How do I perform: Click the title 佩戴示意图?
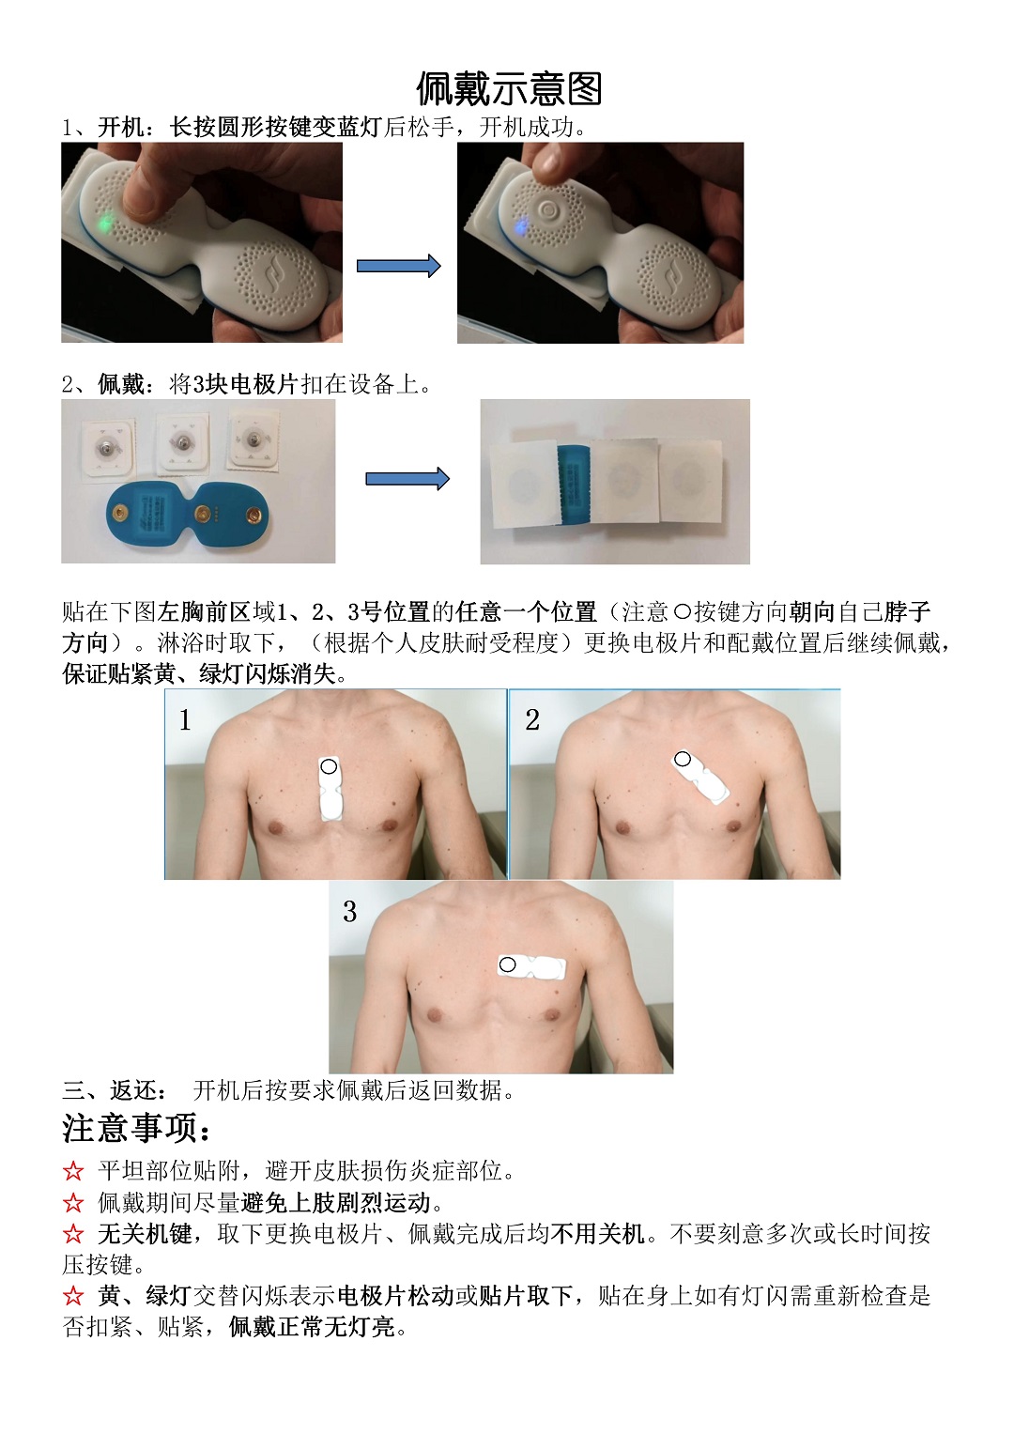(x=509, y=88)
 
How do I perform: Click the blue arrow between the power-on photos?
(x=399, y=266)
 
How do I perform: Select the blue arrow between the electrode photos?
(x=407, y=479)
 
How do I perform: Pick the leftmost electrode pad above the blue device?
(x=108, y=449)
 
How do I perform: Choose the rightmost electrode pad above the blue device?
(x=255, y=440)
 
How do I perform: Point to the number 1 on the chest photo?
(x=185, y=720)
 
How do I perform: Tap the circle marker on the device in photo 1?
(x=329, y=766)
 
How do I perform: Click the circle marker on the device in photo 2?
(x=683, y=760)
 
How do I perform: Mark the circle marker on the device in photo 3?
(x=508, y=964)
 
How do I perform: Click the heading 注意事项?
(x=136, y=1128)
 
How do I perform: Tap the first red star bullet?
(x=73, y=1171)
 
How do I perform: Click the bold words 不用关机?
(x=597, y=1234)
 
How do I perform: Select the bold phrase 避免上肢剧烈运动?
(x=336, y=1203)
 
